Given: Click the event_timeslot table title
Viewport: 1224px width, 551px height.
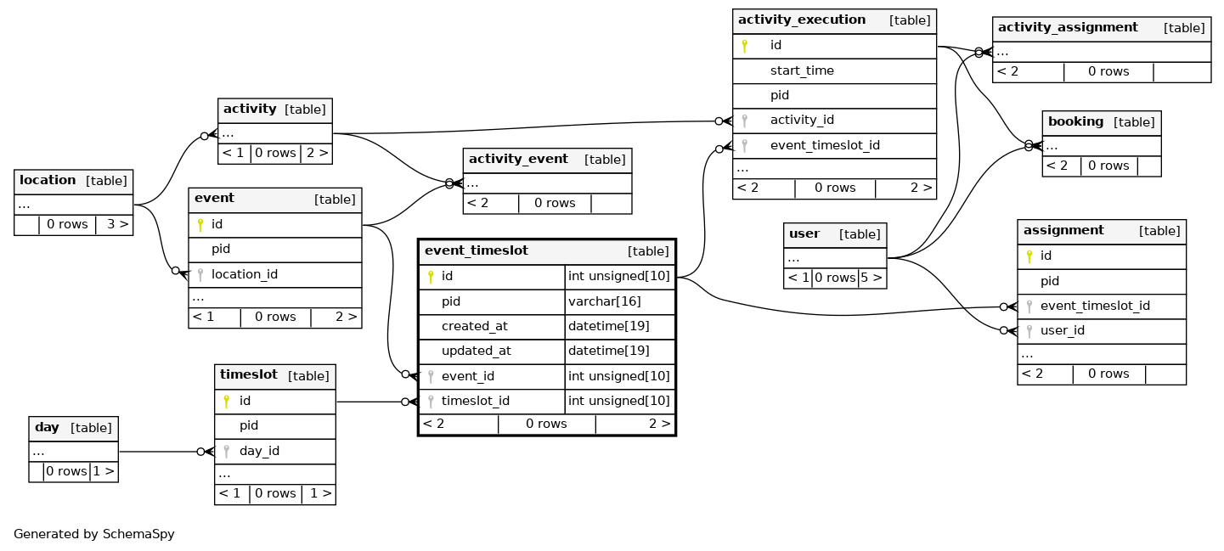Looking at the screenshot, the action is pyautogui.click(x=476, y=250).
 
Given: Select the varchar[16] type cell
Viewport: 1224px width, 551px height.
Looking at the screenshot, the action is pyautogui.click(x=604, y=301).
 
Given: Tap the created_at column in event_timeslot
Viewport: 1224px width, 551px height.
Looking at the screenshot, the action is pyautogui.click(x=474, y=327).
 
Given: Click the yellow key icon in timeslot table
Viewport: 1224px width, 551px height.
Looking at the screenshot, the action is pyautogui.click(x=226, y=402).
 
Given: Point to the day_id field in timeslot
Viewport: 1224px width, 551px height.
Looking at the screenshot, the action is pyautogui.click(x=259, y=451).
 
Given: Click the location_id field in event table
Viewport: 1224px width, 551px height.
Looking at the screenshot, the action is pyautogui.click(x=245, y=274).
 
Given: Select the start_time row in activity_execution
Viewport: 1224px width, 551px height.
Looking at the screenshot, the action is pyautogui.click(x=802, y=70).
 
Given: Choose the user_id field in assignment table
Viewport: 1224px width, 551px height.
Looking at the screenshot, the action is pyautogui.click(x=1063, y=330).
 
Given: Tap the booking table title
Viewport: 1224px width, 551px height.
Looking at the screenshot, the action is pyautogui.click(x=1075, y=121).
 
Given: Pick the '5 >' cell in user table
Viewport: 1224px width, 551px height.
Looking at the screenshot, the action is pyautogui.click(x=871, y=278).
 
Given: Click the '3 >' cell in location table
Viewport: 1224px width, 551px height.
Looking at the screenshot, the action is pyautogui.click(x=117, y=224).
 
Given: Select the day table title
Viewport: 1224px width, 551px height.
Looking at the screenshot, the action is pyautogui.click(x=47, y=427).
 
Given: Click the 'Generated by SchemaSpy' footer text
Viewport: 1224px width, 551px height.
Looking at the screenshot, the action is pyautogui.click(x=94, y=534).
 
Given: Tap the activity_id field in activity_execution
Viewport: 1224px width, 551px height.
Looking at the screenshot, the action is pyautogui.click(x=802, y=121).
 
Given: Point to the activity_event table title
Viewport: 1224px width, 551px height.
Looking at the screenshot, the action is pyautogui.click(x=518, y=159).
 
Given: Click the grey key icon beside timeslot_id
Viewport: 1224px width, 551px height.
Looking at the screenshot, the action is pyautogui.click(x=431, y=402).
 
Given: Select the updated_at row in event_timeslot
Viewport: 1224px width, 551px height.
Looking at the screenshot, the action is pyautogui.click(x=476, y=351).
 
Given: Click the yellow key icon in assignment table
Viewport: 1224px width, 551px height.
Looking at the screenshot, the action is pyautogui.click(x=1029, y=256).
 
